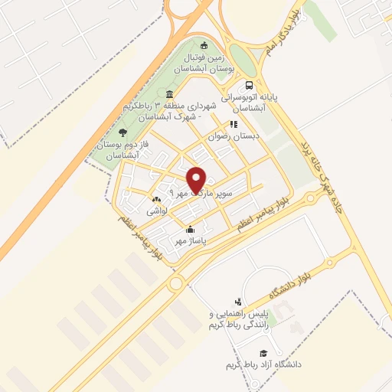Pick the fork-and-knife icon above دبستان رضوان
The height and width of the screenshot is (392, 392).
coord(234,123)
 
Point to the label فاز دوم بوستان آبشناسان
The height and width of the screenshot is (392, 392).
coord(121,149)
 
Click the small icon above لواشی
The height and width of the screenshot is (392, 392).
coord(157,198)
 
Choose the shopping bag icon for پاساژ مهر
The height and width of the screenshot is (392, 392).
coord(190,229)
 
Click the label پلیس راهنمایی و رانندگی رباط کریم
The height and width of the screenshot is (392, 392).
coord(241,320)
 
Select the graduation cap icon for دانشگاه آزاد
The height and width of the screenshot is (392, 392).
coord(264,353)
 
